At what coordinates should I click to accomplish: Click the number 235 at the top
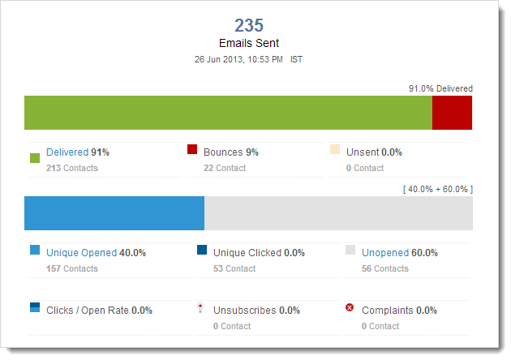(250, 26)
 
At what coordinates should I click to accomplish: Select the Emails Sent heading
(250, 43)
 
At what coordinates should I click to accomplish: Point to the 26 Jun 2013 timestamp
(238, 59)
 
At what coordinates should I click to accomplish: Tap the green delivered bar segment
(228, 113)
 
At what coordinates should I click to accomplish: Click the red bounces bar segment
(452, 113)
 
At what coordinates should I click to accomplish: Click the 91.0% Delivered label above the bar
(440, 88)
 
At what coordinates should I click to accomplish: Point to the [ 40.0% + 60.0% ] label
(437, 189)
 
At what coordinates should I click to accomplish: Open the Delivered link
(67, 152)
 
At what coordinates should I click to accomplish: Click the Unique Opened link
(81, 252)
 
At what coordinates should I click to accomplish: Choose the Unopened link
(385, 252)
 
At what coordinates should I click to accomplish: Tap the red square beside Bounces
(192, 149)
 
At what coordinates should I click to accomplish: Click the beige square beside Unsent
(335, 149)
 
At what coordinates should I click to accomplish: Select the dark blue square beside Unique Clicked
(202, 250)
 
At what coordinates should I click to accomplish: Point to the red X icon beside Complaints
(350, 308)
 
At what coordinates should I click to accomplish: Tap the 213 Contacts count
(72, 168)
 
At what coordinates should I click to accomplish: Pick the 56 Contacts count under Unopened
(385, 268)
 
